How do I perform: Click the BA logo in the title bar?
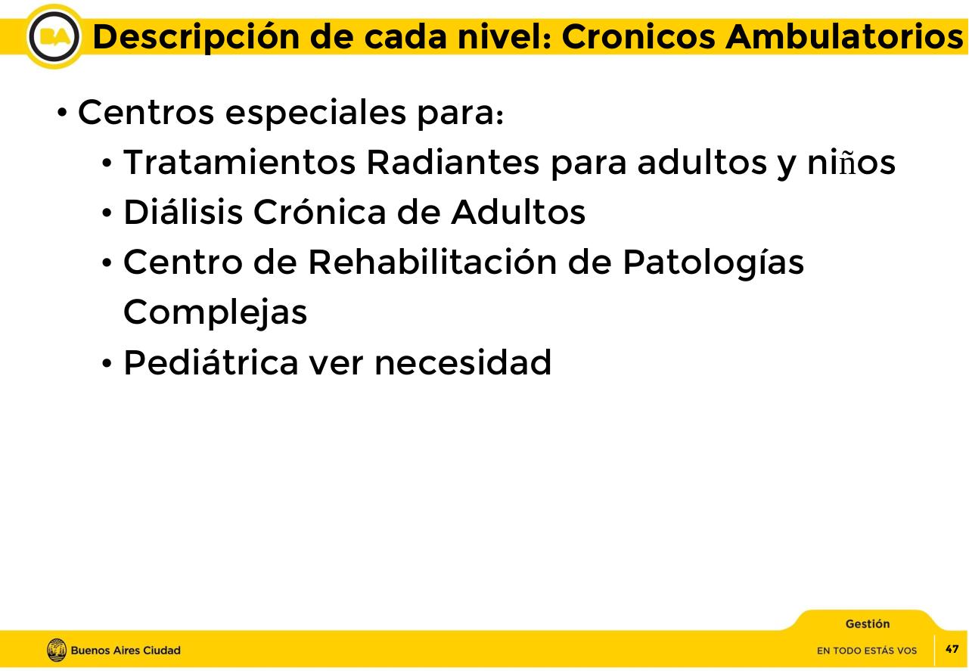pos(54,36)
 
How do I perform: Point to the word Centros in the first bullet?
pos(146,113)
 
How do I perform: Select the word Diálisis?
pos(182,213)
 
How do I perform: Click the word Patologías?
pos(713,262)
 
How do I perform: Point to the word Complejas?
pos(216,312)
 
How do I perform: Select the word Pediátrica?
pos(211,362)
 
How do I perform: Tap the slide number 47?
pos(952,649)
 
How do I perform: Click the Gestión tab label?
pos(868,624)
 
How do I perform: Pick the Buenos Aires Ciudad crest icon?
pos(57,650)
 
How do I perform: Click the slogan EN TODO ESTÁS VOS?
pos(867,651)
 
